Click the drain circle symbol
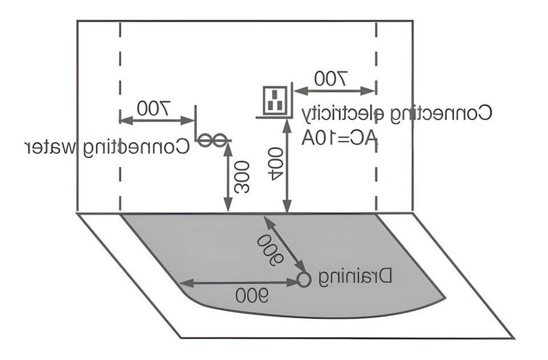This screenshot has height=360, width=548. click(304, 280)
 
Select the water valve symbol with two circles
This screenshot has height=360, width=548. click(213, 141)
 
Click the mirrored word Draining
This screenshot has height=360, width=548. click(356, 278)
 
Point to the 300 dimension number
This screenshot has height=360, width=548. click(242, 177)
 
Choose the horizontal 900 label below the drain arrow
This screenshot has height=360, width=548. click(252, 296)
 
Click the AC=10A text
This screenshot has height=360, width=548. click(340, 138)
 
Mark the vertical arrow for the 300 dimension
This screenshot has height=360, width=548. click(228, 177)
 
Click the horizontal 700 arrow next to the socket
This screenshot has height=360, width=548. click(335, 91)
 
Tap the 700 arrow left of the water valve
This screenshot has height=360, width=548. click(158, 120)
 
